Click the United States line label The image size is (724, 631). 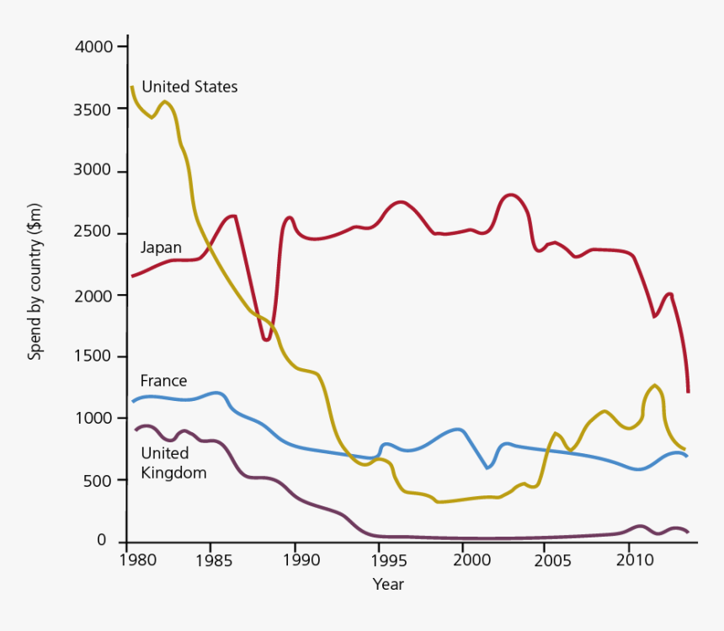189,87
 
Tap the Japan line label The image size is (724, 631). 160,248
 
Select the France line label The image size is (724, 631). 163,381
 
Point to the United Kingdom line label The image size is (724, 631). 173,463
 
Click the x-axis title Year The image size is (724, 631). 388,584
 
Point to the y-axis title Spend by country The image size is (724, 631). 35,282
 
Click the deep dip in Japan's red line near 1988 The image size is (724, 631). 266,340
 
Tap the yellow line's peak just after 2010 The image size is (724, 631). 654,386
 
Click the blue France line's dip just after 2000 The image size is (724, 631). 488,467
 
